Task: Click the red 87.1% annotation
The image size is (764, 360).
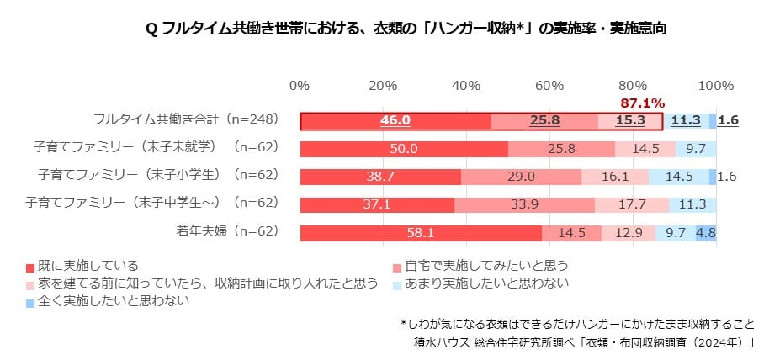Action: click(x=643, y=103)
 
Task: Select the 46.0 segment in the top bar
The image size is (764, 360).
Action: click(x=395, y=120)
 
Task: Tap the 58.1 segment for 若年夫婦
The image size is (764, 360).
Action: click(x=420, y=233)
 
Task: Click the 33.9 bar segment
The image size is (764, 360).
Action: click(x=524, y=204)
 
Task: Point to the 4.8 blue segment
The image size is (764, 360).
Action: click(x=706, y=233)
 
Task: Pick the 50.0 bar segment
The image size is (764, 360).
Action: click(x=404, y=149)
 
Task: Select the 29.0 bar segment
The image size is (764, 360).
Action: click(x=521, y=177)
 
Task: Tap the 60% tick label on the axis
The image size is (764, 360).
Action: click(x=549, y=86)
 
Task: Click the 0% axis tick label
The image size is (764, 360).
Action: click(x=300, y=86)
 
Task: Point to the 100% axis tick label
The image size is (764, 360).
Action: click(x=716, y=86)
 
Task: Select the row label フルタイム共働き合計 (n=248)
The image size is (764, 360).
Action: click(x=185, y=120)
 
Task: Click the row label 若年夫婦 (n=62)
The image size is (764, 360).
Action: click(x=225, y=233)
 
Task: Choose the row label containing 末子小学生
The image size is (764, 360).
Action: click(x=158, y=177)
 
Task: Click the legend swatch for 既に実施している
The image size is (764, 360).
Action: click(x=30, y=267)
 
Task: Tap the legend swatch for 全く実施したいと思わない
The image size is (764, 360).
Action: click(x=30, y=300)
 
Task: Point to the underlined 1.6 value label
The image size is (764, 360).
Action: click(x=729, y=120)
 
